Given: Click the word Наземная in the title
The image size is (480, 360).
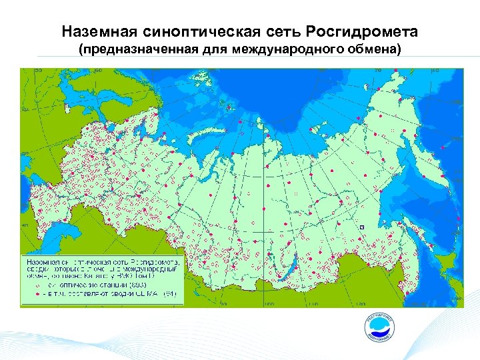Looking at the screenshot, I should coord(95,32).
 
